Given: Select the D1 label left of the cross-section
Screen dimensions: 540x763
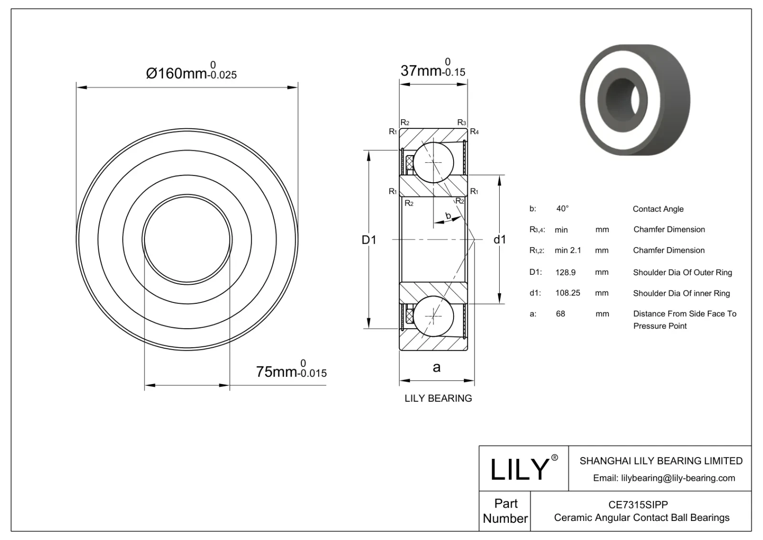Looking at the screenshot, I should (x=369, y=240).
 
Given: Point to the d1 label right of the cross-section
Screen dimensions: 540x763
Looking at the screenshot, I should (x=499, y=239).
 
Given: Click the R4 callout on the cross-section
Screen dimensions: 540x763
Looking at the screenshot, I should (x=474, y=132).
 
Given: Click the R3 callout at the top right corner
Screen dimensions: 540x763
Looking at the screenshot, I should (x=461, y=123).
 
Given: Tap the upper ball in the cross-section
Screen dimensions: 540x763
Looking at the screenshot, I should (x=433, y=162).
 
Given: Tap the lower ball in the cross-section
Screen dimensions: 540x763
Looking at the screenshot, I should (x=433, y=316).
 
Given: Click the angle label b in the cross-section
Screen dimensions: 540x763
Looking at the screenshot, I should (x=448, y=216).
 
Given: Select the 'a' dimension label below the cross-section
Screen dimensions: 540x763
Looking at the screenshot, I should (x=436, y=367).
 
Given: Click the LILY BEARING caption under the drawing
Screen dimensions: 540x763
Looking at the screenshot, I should (x=438, y=398).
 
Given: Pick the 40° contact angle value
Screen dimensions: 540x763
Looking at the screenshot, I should (x=562, y=208).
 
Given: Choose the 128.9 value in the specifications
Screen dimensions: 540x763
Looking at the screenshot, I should (x=565, y=272).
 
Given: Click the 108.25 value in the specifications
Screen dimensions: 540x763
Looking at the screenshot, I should (x=567, y=293).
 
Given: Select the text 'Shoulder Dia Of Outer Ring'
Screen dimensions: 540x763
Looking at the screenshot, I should (x=682, y=272).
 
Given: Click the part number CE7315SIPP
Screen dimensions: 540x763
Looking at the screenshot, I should (x=638, y=505).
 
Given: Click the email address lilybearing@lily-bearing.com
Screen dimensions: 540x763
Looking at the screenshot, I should (x=664, y=478).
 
